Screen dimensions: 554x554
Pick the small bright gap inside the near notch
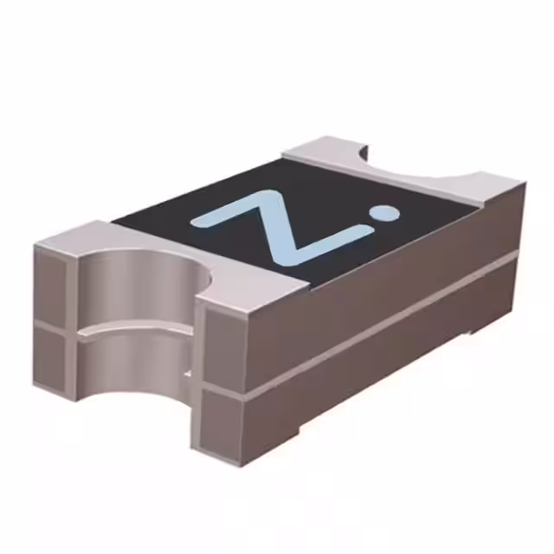click(188, 375)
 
